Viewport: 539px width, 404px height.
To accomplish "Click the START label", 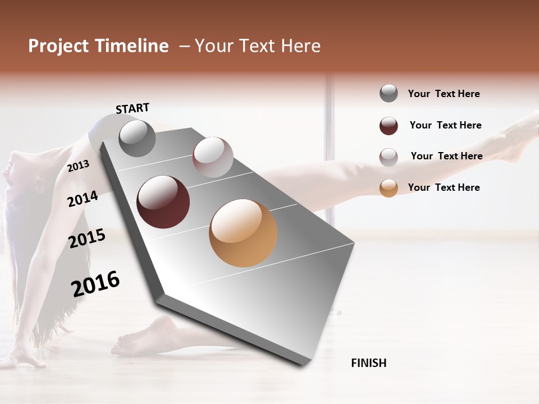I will (133, 108).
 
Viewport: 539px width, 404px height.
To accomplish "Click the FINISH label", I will (368, 363).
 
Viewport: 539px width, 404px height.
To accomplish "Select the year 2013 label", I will (78, 166).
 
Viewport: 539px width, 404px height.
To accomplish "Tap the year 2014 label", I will (83, 199).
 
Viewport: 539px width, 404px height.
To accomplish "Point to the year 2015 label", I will (87, 238).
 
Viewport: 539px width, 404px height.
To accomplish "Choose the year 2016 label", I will (95, 284).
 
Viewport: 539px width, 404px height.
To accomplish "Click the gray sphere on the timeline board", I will (137, 138).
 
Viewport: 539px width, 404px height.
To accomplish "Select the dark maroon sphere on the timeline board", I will (163, 202).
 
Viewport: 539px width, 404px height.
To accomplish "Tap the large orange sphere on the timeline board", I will (243, 233).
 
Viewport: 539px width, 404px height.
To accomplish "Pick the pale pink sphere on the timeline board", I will (213, 157).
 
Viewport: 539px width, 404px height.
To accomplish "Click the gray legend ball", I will (389, 94).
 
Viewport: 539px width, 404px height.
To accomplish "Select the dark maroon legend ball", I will (389, 126).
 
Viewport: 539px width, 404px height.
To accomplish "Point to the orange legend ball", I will (389, 188).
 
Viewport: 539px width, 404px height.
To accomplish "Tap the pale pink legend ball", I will (389, 157).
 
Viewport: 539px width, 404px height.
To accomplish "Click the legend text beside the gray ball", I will (444, 94).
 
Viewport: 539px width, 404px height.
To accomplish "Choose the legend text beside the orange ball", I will (444, 187).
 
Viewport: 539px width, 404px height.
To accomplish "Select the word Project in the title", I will (57, 46).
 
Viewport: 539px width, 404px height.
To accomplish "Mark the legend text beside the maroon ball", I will (445, 125).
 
